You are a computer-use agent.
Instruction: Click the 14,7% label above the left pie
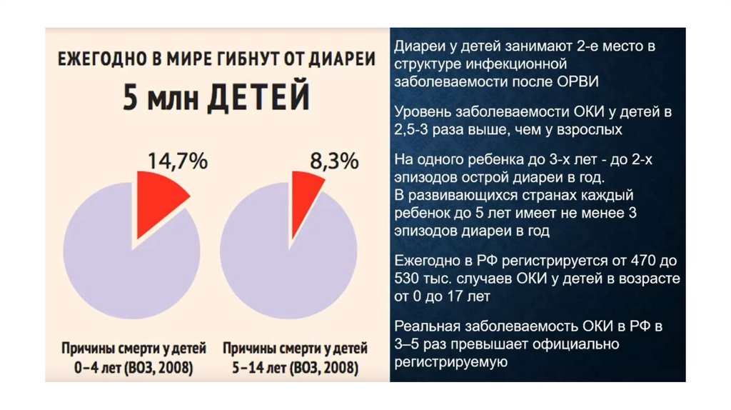[x=177, y=161]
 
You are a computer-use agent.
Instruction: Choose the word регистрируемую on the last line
[x=449, y=361]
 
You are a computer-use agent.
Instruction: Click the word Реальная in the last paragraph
[x=424, y=327]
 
